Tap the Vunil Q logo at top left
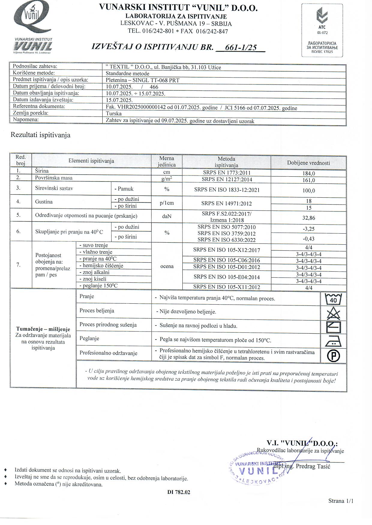pyautogui.click(x=33, y=19)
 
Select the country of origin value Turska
pyautogui.click(x=114, y=114)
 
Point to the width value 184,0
pyautogui.click(x=309, y=173)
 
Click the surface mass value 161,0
pyautogui.click(x=309, y=180)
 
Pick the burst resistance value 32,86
pyautogui.click(x=309, y=218)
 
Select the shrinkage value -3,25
pyautogui.click(x=309, y=229)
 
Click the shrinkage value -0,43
pyautogui.click(x=309, y=239)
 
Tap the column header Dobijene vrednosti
pyautogui.click(x=308, y=163)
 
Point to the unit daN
pyautogui.click(x=167, y=216)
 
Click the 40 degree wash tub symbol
pyautogui.click(x=333, y=299)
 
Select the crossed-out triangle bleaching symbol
pyautogui.click(x=333, y=313)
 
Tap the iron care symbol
pyautogui.click(x=333, y=341)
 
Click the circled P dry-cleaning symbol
pyautogui.click(x=333, y=356)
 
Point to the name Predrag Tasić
pyautogui.click(x=313, y=466)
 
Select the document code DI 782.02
pyautogui.click(x=179, y=492)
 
